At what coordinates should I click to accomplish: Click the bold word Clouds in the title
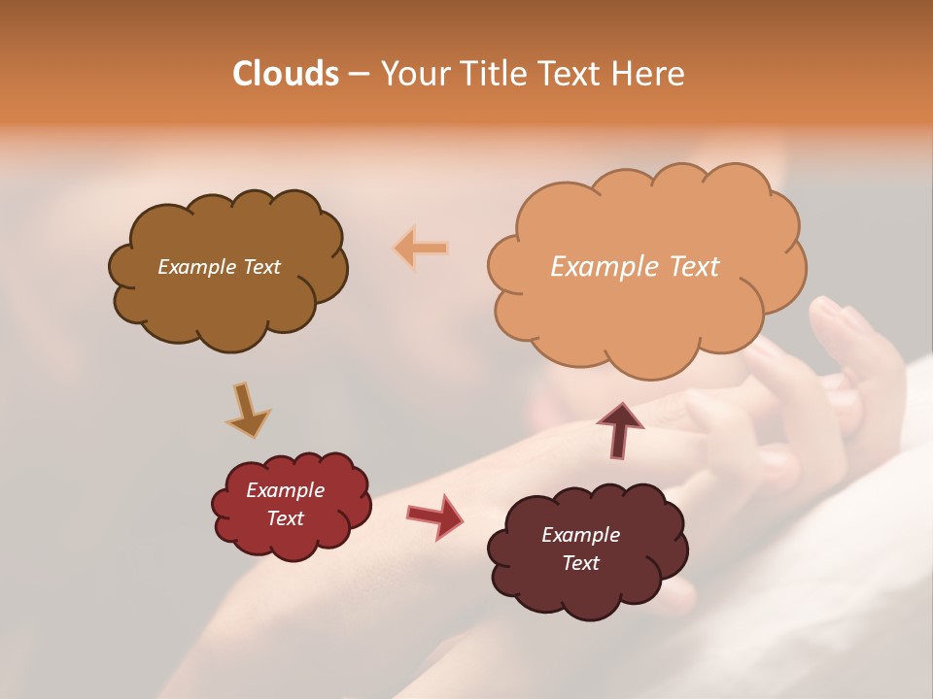click(285, 74)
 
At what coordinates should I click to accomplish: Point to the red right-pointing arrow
click(434, 516)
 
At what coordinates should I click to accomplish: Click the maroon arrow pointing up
click(619, 428)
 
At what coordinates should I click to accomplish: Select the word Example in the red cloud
click(285, 490)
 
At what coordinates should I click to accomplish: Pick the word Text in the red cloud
click(286, 518)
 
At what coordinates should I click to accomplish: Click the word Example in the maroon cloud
click(580, 535)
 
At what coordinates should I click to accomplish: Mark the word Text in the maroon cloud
click(581, 563)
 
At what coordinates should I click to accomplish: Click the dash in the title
click(359, 74)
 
